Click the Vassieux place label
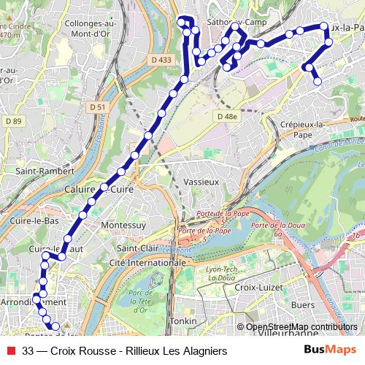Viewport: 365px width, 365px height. [201, 181]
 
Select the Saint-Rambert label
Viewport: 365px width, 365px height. [45, 171]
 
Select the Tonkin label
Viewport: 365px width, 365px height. [182, 321]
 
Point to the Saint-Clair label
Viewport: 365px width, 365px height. [137, 247]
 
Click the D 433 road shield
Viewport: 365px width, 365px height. [163, 60]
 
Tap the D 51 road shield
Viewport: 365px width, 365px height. [98, 107]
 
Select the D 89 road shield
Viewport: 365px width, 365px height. [12, 120]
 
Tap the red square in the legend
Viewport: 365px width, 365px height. [12, 350]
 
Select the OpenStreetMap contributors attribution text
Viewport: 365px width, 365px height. [301, 327]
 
